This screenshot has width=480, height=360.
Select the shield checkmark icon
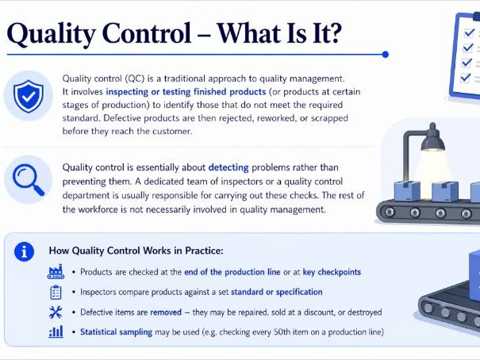coord(29,95)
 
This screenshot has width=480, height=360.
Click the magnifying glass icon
coord(28,178)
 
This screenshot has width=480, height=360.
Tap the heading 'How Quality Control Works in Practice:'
coord(136,251)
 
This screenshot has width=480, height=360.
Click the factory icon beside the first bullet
coord(56,272)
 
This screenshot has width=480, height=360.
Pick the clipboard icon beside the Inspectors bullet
coord(56,292)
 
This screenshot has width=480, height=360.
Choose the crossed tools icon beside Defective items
coord(56,312)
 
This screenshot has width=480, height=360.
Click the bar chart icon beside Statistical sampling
coord(56,331)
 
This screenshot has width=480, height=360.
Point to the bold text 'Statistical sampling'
coord(116,332)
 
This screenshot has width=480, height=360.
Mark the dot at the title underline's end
coord(385,55)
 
